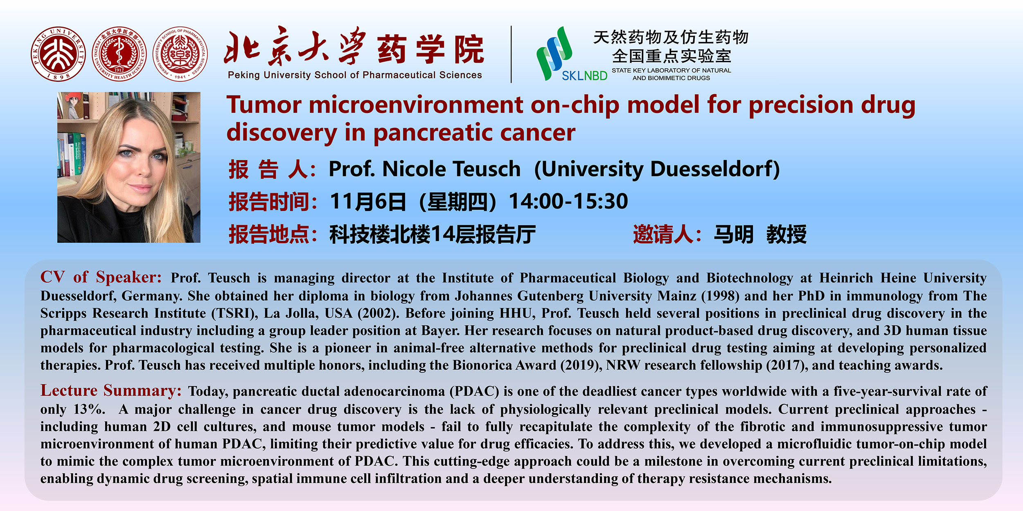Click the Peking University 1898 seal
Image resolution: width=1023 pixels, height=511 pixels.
tap(58, 54)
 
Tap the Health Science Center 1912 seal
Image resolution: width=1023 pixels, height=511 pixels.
tap(119, 54)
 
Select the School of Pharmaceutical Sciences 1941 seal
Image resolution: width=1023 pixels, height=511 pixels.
tap(180, 54)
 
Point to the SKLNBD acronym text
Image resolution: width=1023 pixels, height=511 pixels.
tap(584, 76)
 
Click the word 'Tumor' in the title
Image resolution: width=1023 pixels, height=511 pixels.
tap(264, 105)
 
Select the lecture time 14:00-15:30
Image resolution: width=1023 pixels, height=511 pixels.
tap(568, 201)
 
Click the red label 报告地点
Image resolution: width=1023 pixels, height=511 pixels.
tap(269, 235)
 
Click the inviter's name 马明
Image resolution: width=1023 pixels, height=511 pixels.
tap(733, 235)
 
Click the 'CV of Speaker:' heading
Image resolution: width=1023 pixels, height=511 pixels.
tap(101, 277)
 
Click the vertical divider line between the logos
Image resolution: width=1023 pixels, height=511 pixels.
tap(511, 54)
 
